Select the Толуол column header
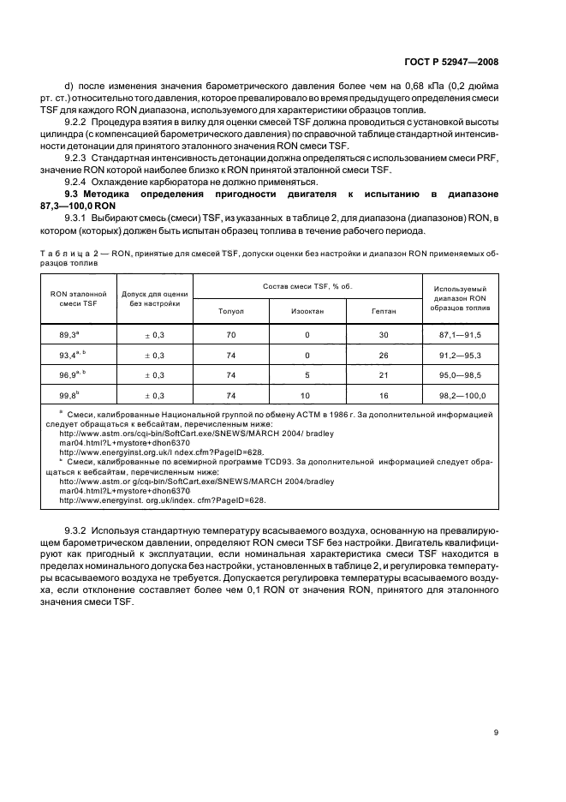click(x=231, y=311)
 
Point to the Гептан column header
click(x=384, y=311)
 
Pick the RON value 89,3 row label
click(x=70, y=334)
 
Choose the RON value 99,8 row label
click(x=70, y=395)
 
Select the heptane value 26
click(x=384, y=356)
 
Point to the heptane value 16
click(x=384, y=396)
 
